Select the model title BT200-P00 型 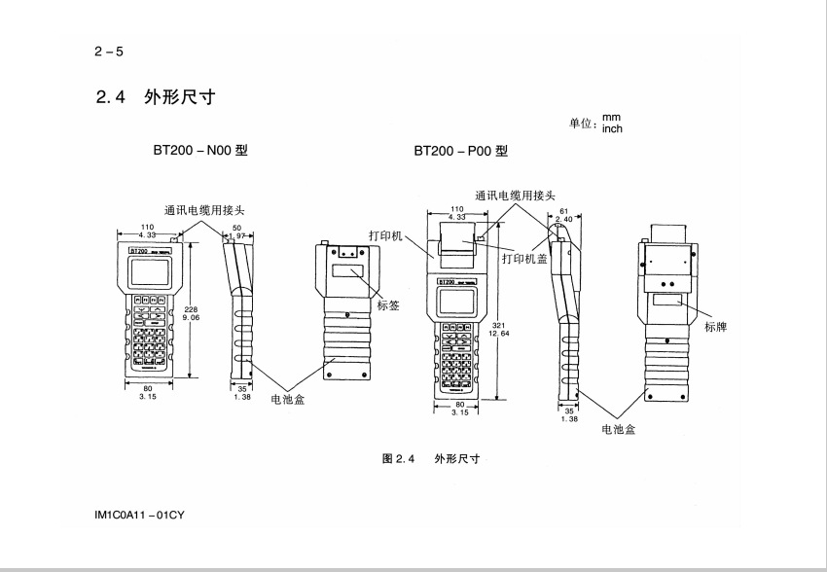tap(461, 152)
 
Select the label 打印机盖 tap(524, 259)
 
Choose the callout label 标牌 tap(716, 327)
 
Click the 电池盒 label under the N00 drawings tap(287, 400)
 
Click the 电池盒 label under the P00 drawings tap(620, 429)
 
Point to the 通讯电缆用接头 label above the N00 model tap(205, 209)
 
